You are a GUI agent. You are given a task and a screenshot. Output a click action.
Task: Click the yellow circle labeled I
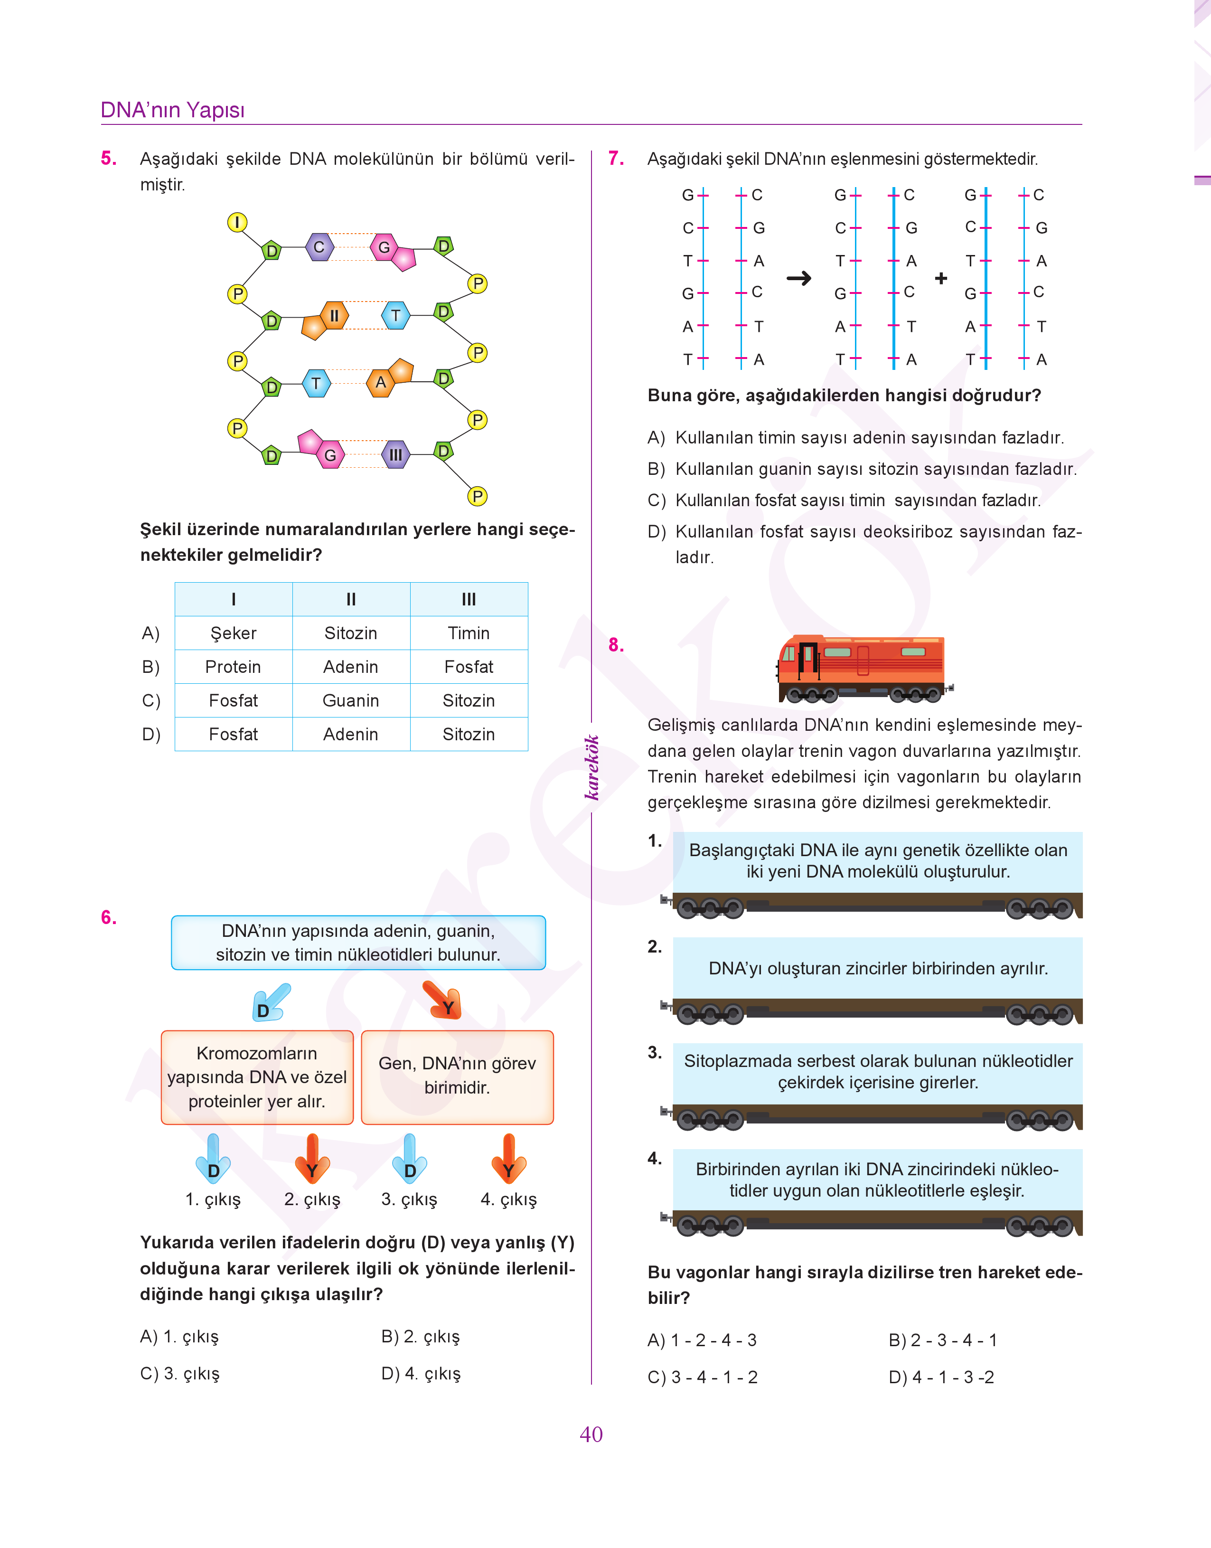(x=237, y=222)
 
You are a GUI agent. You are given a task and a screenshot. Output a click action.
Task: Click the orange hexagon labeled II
(x=333, y=316)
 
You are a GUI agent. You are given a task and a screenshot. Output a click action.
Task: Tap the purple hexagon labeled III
(x=395, y=454)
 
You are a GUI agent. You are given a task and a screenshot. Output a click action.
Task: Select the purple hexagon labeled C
(x=319, y=247)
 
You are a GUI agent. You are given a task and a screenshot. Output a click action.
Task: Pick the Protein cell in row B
(x=233, y=667)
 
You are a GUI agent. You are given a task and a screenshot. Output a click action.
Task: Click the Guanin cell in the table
(x=351, y=700)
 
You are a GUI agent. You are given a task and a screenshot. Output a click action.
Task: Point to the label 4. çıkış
(x=508, y=1199)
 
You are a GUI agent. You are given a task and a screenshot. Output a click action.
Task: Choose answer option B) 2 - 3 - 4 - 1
(x=943, y=1340)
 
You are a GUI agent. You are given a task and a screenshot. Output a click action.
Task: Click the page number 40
(x=591, y=1435)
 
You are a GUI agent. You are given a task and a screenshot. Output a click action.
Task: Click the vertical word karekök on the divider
(x=592, y=767)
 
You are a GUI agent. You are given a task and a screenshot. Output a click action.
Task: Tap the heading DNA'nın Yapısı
(x=172, y=110)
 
